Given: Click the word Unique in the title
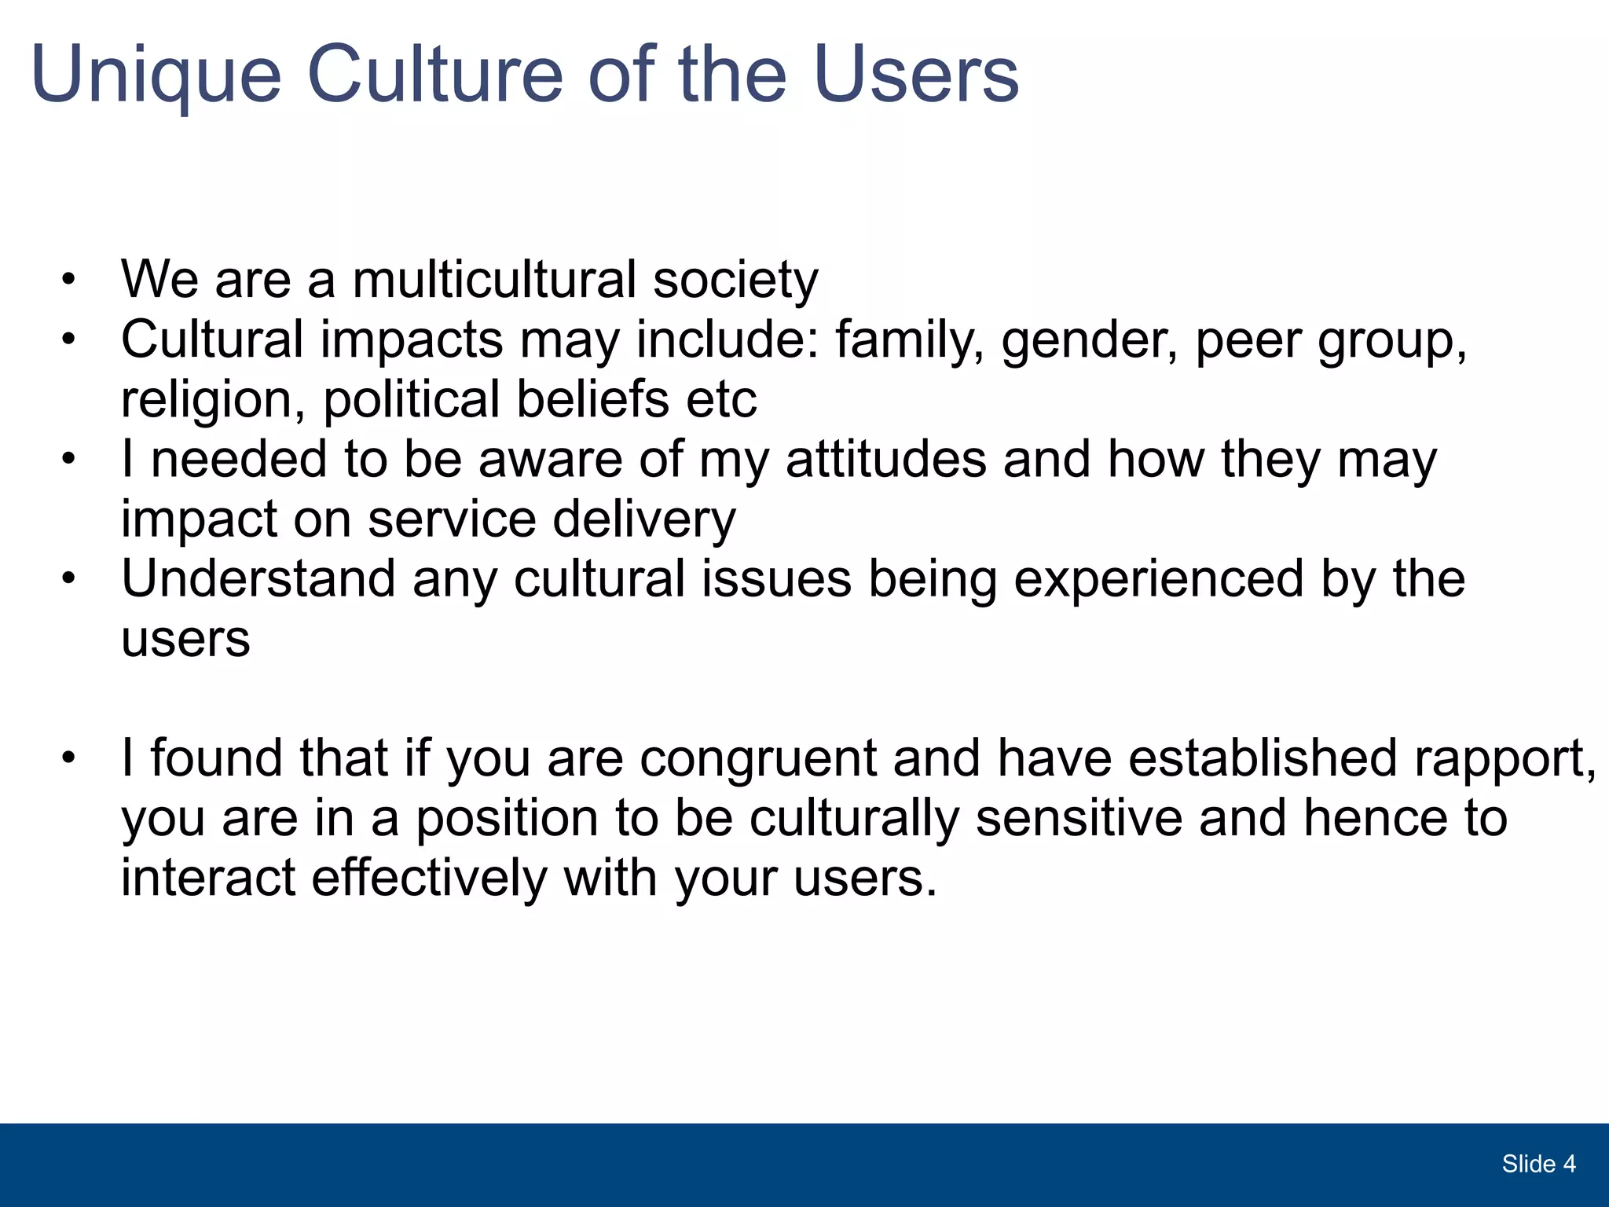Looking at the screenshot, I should click(x=156, y=75).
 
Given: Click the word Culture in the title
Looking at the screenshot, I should click(x=434, y=74).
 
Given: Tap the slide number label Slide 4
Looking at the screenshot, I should click(x=1538, y=1164).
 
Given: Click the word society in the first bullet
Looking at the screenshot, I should click(x=735, y=281).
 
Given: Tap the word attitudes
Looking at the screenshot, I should click(x=885, y=460).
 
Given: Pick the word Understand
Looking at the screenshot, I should click(x=258, y=579).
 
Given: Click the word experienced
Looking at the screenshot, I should click(x=1158, y=581).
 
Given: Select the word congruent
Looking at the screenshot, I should click(x=758, y=760).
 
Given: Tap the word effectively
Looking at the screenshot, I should click(x=429, y=878).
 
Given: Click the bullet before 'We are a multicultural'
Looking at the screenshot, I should click(x=69, y=280).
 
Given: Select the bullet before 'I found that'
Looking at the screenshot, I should click(x=69, y=759).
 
